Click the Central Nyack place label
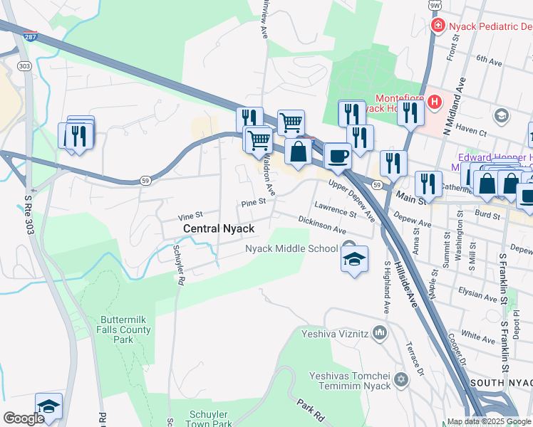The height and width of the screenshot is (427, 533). [x=219, y=228]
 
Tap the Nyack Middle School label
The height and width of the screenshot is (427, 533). [x=291, y=248]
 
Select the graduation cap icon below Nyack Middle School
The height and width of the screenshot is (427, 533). [x=354, y=260]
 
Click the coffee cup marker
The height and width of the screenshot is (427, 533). [x=338, y=156]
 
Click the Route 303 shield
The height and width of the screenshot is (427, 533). [x=25, y=65]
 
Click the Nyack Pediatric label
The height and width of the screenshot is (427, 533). [x=489, y=26]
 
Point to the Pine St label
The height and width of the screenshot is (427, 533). [x=253, y=202]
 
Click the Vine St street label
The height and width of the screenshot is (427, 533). [x=190, y=215]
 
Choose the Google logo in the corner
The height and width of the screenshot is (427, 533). [x=23, y=418]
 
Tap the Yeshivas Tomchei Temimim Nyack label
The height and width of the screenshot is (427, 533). [x=350, y=381]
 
